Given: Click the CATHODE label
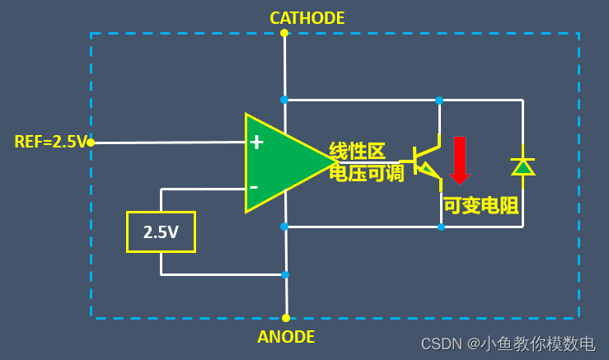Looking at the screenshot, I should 307,17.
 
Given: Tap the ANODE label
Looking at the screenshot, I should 286,337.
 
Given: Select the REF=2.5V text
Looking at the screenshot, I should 50,142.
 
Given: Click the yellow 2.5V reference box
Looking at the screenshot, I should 161,231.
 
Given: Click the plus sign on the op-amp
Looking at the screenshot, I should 256,142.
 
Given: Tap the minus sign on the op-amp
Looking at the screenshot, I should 254,187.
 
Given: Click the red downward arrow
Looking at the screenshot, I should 459,159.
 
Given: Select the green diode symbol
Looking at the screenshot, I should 522,166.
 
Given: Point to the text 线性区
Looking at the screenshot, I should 358,151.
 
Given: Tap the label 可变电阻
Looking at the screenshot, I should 480,205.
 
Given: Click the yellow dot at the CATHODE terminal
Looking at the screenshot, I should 284,33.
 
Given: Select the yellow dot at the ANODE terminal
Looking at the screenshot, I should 286,317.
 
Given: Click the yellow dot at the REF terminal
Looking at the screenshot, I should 91,143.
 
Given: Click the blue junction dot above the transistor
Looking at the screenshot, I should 439,101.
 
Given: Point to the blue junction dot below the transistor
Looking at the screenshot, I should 441,227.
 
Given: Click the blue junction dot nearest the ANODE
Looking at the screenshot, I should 285,274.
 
